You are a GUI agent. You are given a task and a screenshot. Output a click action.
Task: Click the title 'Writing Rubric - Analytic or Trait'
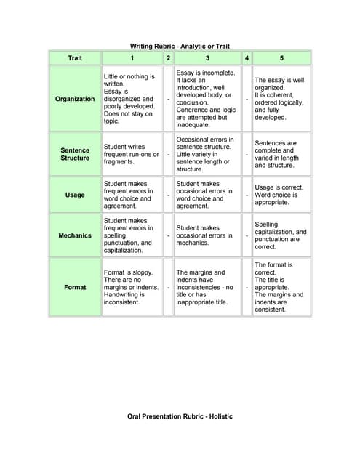pyautogui.click(x=180, y=46)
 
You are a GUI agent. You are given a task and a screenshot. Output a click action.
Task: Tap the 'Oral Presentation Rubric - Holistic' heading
pyautogui.click(x=180, y=419)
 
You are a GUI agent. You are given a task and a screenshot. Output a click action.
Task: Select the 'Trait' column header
pyautogui.click(x=75, y=57)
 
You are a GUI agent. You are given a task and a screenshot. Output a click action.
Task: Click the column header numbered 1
pyautogui.click(x=132, y=57)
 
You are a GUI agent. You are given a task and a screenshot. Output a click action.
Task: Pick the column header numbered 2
pyautogui.click(x=168, y=57)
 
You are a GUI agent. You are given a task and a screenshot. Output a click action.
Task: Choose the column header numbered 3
pyautogui.click(x=207, y=57)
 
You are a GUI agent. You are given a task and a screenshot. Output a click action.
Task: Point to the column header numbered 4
pyautogui.click(x=247, y=57)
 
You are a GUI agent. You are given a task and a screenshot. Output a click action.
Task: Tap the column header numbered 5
pyautogui.click(x=281, y=57)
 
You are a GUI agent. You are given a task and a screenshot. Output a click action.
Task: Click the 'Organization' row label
pyautogui.click(x=75, y=99)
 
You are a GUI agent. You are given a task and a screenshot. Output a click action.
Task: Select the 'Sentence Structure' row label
pyautogui.click(x=75, y=154)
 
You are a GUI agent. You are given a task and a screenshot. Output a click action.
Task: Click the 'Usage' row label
pyautogui.click(x=75, y=195)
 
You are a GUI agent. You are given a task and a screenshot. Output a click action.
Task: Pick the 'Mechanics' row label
pyautogui.click(x=75, y=235)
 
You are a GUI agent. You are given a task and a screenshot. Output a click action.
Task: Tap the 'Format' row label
pyautogui.click(x=75, y=287)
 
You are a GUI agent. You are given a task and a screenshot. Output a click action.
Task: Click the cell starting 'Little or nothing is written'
pyautogui.click(x=132, y=99)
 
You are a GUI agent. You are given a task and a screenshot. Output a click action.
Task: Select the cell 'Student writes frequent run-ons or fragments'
pyautogui.click(x=132, y=154)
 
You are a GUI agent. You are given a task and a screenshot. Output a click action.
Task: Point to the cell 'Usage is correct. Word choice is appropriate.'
pyautogui.click(x=281, y=195)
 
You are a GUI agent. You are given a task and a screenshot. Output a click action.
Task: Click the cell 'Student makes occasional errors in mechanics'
pyautogui.click(x=207, y=235)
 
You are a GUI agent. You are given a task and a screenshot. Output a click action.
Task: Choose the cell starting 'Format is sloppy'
pyautogui.click(x=132, y=287)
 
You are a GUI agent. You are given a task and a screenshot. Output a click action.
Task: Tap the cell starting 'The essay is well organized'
pyautogui.click(x=281, y=99)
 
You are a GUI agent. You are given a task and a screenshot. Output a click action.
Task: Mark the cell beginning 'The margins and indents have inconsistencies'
pyautogui.click(x=207, y=287)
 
